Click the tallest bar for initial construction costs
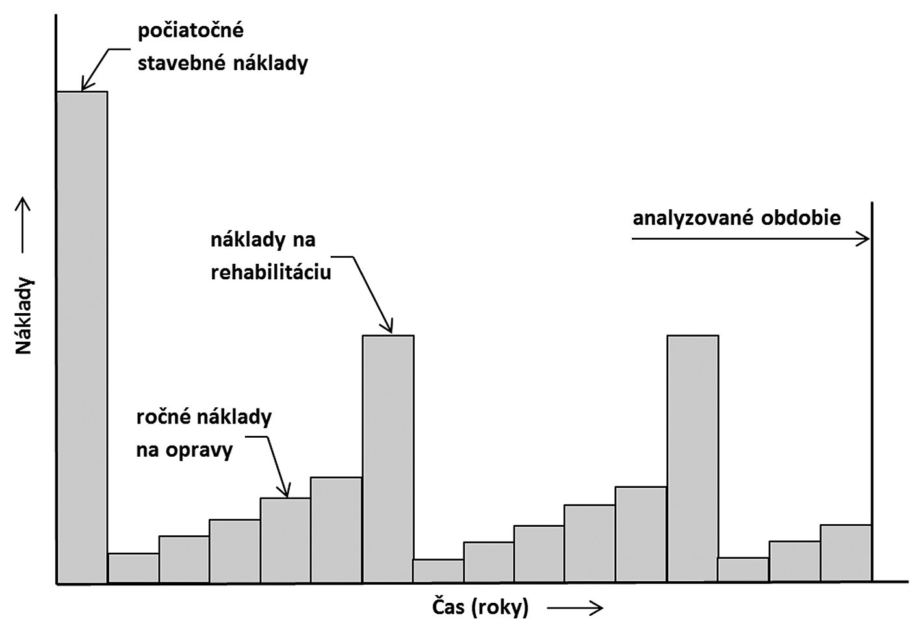[x=82, y=338]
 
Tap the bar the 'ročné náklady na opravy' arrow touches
[x=285, y=540]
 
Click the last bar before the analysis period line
[x=846, y=553]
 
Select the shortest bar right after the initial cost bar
[x=133, y=568]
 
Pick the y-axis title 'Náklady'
[x=24, y=316]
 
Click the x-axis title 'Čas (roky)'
[x=480, y=607]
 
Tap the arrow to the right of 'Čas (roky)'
[x=575, y=608]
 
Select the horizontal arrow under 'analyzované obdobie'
[x=750, y=240]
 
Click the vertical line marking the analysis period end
[x=872, y=390]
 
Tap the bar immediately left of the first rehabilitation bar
[x=336, y=530]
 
